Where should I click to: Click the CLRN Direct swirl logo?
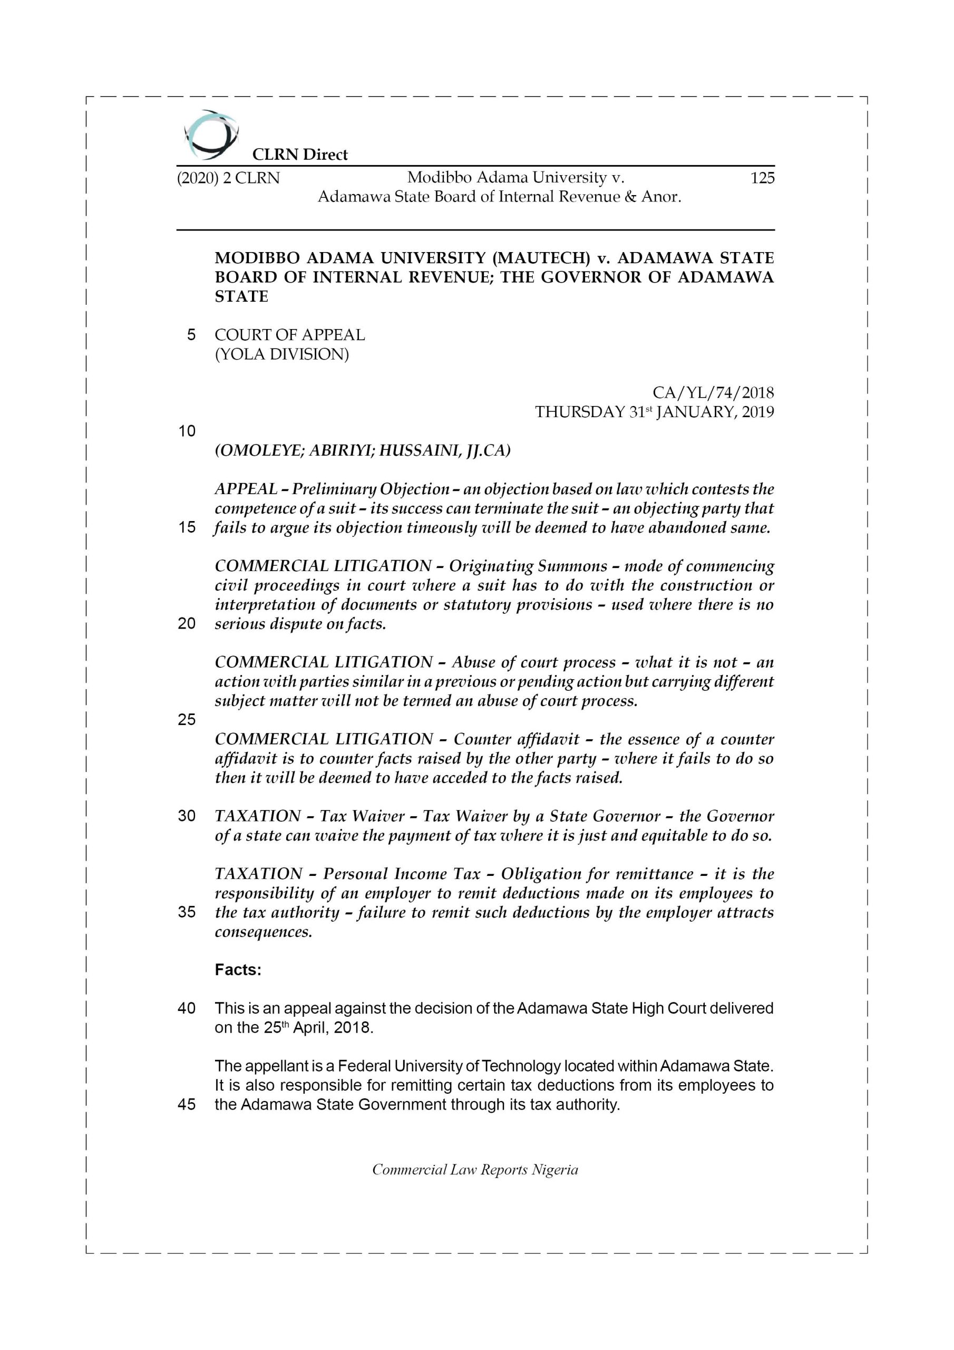[x=211, y=135]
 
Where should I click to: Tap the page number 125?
[x=762, y=178]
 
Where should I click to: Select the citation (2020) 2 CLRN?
[x=228, y=178]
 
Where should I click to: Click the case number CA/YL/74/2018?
[x=713, y=392]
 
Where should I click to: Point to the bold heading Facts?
[x=238, y=970]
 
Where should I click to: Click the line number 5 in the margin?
[x=191, y=335]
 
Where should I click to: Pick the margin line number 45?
[x=187, y=1104]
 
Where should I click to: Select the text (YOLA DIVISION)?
[x=281, y=354]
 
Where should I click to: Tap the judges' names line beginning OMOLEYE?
[x=362, y=450]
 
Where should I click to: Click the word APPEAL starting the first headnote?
[x=246, y=489]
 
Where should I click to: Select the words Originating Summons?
[x=528, y=566]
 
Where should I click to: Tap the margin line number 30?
[x=187, y=816]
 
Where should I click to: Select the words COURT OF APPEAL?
[x=289, y=335]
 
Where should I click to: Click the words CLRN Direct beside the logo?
[x=300, y=155]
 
